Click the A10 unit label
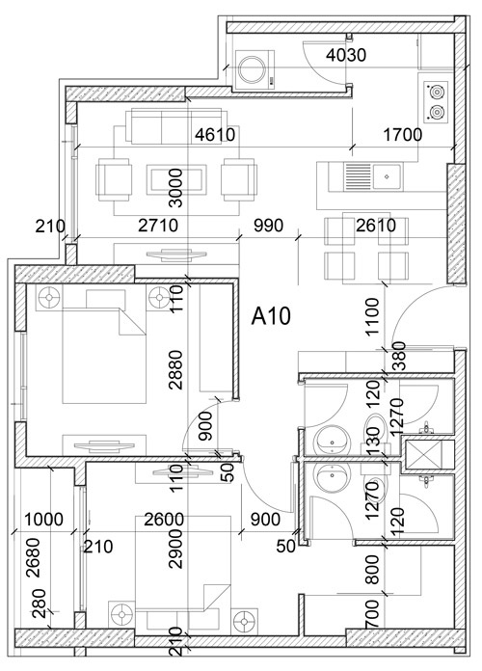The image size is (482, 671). point(271,316)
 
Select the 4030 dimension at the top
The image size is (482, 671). point(346,55)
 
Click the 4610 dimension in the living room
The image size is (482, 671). point(215,135)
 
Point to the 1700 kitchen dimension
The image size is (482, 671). point(402,135)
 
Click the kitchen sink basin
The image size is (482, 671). point(387,176)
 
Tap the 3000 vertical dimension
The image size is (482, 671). point(175,188)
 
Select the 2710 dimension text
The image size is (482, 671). point(158,226)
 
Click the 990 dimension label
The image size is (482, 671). point(268,226)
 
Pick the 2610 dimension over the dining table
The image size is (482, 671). point(376,226)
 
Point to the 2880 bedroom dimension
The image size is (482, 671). point(175,370)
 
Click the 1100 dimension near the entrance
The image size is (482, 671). point(372,316)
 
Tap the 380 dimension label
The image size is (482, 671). point(398,356)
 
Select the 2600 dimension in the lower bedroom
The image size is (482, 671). point(164,520)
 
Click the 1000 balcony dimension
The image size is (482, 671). point(43,520)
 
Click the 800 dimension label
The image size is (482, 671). point(372,570)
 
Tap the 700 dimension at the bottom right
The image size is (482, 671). point(372,614)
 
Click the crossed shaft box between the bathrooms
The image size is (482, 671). point(423,454)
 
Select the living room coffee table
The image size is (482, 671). point(174,179)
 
